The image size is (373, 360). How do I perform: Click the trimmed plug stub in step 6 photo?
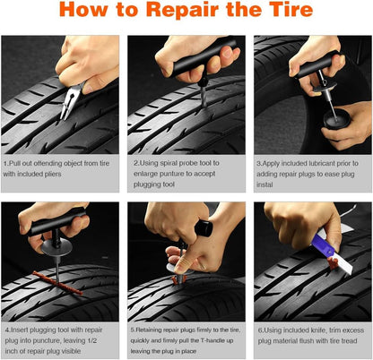point(338,268)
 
